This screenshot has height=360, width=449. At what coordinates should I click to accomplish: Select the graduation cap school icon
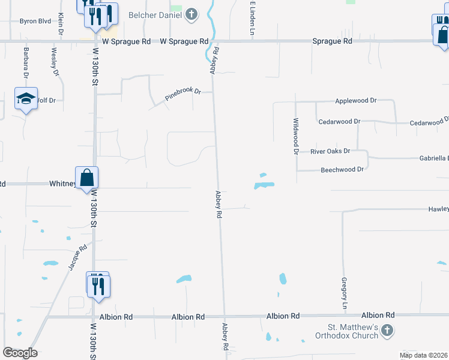26,100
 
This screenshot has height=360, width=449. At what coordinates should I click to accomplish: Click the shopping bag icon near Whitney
87,178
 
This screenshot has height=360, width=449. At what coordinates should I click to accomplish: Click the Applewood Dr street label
356,101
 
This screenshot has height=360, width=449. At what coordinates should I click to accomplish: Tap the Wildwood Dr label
295,136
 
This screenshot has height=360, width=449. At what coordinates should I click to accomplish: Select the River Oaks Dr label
330,151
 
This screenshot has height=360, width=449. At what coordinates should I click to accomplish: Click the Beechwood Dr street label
342,170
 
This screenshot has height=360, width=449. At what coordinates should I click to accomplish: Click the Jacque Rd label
78,256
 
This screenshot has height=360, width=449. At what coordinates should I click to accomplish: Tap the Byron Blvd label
35,21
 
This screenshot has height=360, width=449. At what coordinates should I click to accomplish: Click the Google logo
20,353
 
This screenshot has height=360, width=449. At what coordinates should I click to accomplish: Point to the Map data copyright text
423,355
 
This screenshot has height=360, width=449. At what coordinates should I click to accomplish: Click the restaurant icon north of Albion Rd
98,285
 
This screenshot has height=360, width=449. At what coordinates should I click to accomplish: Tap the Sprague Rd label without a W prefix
332,41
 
